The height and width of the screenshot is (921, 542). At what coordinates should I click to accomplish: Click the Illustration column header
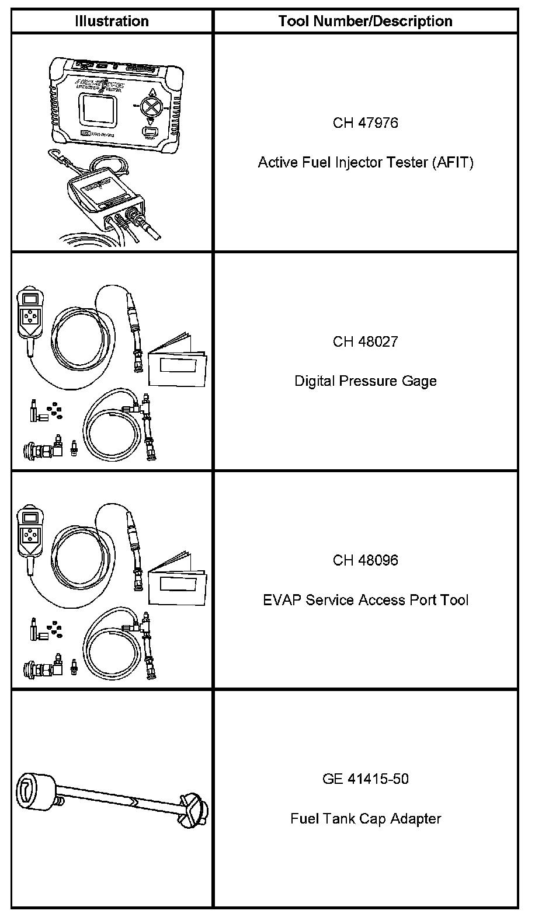112,22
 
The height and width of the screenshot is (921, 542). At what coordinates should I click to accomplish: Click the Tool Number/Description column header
365,22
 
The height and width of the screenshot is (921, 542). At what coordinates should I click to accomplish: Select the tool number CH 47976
365,123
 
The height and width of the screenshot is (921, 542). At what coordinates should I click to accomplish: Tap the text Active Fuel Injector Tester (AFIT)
365,162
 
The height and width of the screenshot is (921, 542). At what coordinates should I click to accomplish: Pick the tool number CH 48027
365,341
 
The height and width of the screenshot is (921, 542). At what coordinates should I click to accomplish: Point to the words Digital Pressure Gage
365,381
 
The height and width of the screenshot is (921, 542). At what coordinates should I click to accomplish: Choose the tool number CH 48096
365,560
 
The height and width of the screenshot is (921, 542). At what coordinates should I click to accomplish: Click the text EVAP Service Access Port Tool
365,600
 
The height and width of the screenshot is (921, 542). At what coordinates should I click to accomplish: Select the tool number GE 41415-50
365,779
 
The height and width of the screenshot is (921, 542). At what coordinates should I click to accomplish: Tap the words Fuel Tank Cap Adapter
365,818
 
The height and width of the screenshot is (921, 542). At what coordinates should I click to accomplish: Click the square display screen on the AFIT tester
98,109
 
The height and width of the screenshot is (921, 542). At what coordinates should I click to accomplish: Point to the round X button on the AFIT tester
153,108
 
